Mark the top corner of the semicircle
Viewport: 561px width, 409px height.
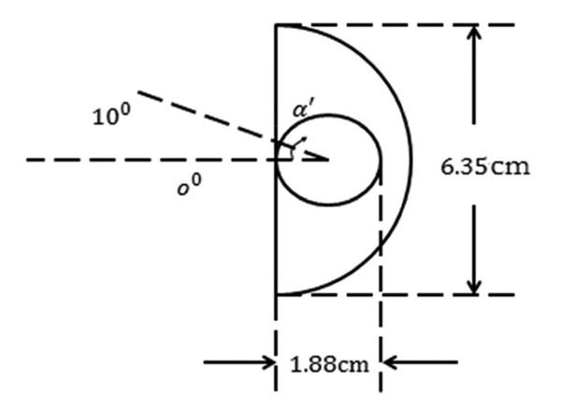276,24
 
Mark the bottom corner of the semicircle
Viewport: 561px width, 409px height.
276,294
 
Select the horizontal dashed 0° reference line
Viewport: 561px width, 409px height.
140,160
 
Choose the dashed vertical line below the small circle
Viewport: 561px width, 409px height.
381,271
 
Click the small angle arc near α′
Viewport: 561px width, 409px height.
289,149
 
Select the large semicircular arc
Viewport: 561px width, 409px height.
410,159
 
